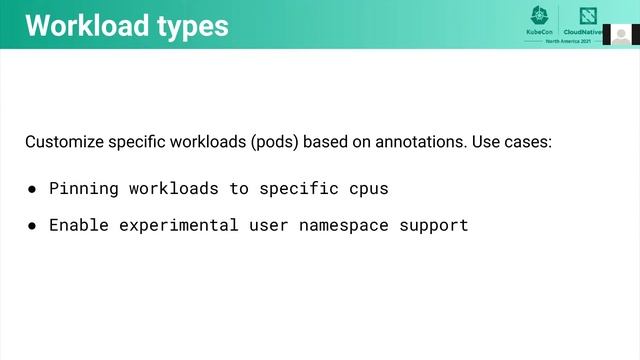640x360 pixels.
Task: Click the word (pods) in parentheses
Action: point(273,142)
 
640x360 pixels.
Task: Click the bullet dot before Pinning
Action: point(32,188)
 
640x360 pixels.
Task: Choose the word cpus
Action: point(369,189)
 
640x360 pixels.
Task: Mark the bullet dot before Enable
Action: point(32,225)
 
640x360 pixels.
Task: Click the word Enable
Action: point(79,225)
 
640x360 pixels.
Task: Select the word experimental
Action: point(179,225)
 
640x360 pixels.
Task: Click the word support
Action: point(434,225)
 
